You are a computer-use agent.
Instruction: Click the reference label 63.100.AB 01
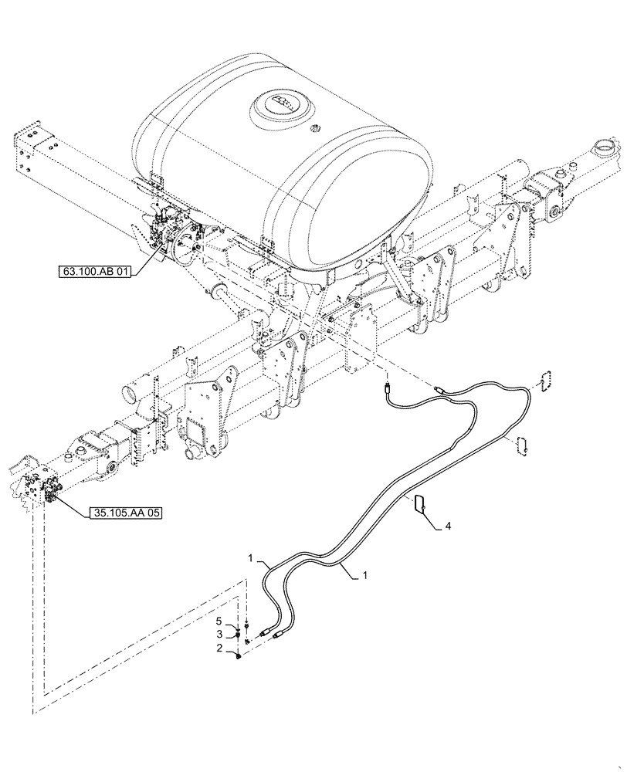95,271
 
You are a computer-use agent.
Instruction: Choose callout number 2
219,649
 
